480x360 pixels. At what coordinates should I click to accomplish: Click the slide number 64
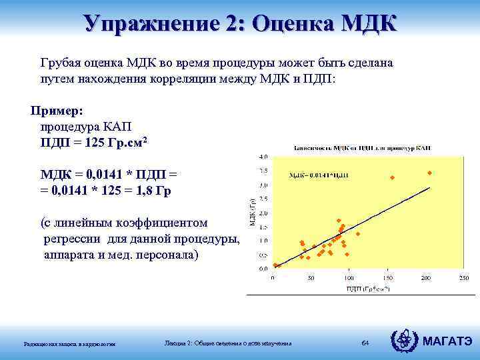(x=365, y=343)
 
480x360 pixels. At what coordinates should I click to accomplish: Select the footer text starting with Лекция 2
(x=228, y=343)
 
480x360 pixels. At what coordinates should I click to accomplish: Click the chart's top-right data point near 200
(x=430, y=173)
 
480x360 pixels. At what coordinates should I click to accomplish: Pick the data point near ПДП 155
(x=392, y=177)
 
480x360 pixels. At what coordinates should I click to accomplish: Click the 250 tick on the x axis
(x=463, y=278)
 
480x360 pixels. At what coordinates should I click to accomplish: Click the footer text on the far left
(x=70, y=344)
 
